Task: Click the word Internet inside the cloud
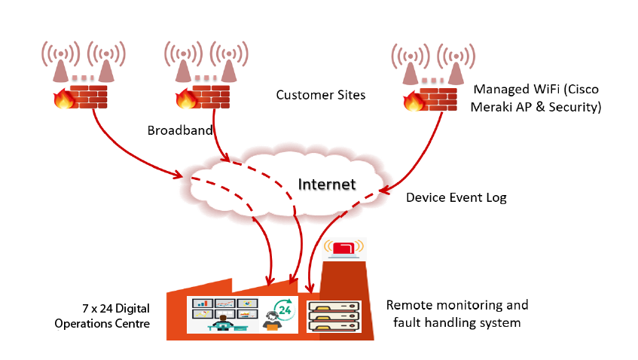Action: click(326, 184)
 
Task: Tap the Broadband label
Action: click(180, 130)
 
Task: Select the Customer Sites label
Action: click(320, 95)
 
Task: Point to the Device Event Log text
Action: click(456, 198)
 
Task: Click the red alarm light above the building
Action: click(343, 248)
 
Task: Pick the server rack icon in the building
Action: click(334, 316)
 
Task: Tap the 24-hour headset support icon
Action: click(277, 316)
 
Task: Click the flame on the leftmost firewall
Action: click(62, 98)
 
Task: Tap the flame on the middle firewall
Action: click(185, 99)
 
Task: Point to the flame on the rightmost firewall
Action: click(412, 102)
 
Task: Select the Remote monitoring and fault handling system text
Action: click(456, 314)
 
